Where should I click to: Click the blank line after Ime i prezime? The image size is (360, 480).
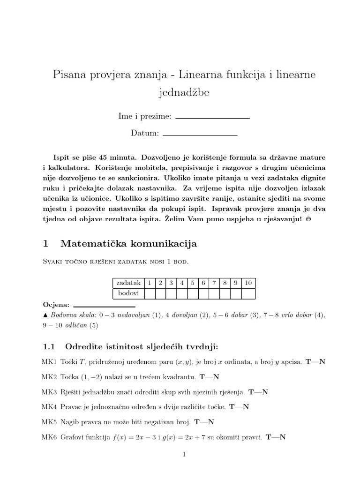[212, 118]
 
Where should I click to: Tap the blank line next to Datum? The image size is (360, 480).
[200, 135]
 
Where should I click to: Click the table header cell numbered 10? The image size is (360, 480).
[248, 283]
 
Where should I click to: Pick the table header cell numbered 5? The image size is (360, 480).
[193, 283]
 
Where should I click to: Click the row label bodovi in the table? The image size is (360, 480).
[128, 293]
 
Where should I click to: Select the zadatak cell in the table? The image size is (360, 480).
[128, 283]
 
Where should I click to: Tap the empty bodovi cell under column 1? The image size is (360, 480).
[150, 293]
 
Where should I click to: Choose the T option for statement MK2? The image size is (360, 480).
[202, 376]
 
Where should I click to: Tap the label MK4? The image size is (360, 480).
[49, 407]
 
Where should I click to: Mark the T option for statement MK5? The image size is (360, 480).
[197, 422]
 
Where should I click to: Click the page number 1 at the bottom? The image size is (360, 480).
[184, 454]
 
